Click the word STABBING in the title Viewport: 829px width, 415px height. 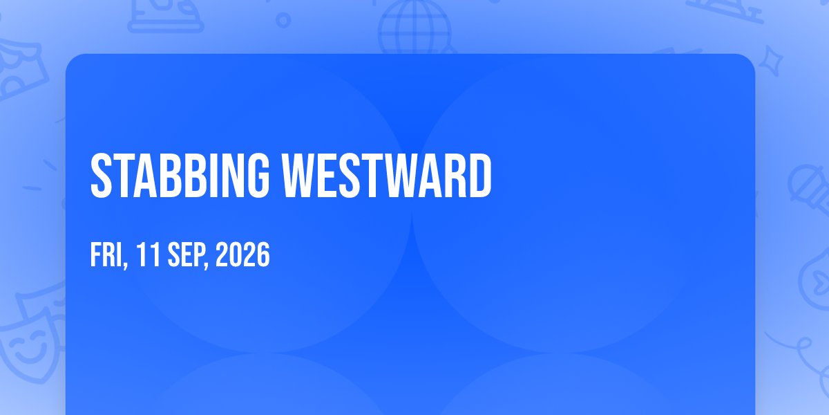tap(180, 176)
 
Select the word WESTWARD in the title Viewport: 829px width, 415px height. tap(387, 176)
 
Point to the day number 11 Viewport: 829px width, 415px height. tap(148, 255)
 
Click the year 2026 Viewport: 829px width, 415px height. tap(242, 255)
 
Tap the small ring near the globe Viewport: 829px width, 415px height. tap(283, 20)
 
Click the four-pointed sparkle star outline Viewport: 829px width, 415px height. tap(770, 62)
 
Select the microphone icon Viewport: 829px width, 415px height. tap(809, 189)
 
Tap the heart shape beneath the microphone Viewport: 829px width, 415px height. tap(816, 279)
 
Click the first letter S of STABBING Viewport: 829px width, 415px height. tap(101, 176)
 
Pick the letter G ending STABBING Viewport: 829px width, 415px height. tap(258, 176)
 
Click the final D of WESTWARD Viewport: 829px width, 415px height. tap(481, 176)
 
